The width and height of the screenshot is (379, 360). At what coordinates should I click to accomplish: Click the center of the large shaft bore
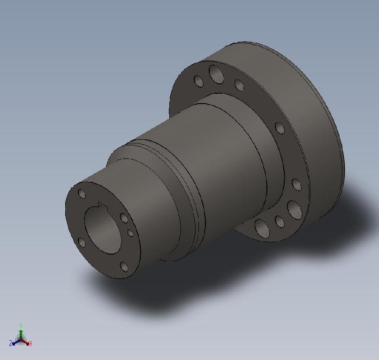tap(103, 230)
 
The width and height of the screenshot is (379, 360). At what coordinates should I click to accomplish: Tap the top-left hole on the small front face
tap(82, 194)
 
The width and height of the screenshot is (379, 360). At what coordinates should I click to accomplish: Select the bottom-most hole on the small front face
tap(124, 267)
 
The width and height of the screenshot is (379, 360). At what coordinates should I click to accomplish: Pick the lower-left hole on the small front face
tap(82, 242)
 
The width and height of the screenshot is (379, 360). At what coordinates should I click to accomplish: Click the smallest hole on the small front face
tap(130, 233)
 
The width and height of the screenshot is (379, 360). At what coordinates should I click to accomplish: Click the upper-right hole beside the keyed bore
tap(124, 218)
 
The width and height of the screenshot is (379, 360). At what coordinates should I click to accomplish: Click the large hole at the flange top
tap(216, 74)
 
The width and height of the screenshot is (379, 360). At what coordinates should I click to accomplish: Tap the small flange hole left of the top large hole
tap(199, 82)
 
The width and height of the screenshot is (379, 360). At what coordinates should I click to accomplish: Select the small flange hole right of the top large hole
tap(239, 85)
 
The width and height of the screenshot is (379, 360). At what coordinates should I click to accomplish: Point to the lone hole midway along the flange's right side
tap(280, 128)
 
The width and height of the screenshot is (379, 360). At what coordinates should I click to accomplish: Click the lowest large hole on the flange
tap(262, 228)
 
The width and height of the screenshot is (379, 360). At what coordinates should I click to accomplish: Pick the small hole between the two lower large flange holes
tap(280, 222)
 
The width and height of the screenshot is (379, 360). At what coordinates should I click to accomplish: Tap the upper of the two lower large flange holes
tap(295, 210)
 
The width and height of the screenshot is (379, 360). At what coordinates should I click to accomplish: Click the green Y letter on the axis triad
tap(21, 325)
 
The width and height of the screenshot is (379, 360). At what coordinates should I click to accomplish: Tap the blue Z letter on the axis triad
tap(10, 344)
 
